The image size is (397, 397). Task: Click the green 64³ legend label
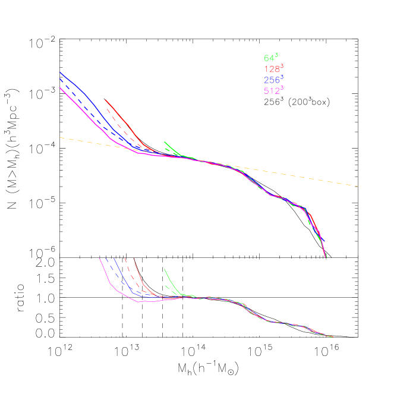(x=270, y=58)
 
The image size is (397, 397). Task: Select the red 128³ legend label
(x=273, y=69)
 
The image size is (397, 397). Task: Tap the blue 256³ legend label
(x=273, y=80)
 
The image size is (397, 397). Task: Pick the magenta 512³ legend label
(x=273, y=90)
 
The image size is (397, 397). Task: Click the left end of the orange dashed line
(x=60, y=137)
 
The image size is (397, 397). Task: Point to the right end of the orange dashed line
(x=358, y=186)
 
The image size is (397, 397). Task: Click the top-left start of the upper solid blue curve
(x=60, y=73)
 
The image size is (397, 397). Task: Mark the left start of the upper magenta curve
(x=60, y=88)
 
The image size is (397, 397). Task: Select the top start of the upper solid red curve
(x=105, y=100)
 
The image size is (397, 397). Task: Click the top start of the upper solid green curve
(x=165, y=142)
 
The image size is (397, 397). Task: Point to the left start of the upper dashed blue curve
(x=60, y=79)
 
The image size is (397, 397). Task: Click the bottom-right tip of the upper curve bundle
(x=326, y=257)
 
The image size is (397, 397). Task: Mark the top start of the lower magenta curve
(x=99, y=259)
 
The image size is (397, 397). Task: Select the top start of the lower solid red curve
(x=134, y=259)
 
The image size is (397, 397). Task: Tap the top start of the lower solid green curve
(x=164, y=269)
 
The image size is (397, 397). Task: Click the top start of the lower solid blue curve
(x=114, y=259)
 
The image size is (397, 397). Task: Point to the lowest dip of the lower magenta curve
(x=139, y=302)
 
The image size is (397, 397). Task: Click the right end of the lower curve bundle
(x=333, y=337)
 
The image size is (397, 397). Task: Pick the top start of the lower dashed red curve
(x=124, y=259)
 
